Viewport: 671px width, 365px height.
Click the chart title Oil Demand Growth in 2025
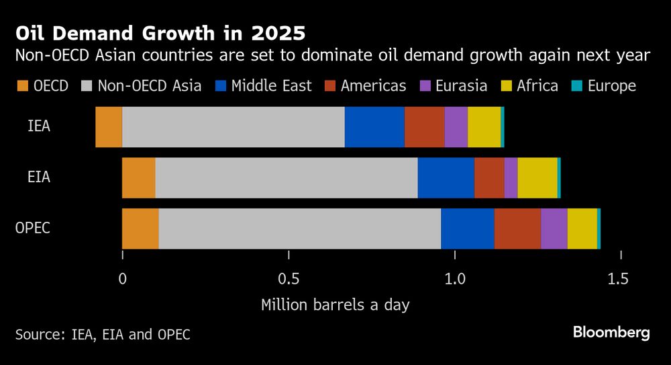tap(162, 33)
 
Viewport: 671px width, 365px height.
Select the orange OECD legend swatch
tap(21, 86)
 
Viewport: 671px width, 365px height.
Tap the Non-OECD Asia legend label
tap(149, 86)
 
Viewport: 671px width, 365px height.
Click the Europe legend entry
tap(611, 86)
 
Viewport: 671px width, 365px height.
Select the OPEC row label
tap(33, 229)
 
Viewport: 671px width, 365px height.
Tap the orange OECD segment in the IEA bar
tap(109, 126)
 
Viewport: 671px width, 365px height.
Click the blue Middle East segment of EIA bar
tap(446, 177)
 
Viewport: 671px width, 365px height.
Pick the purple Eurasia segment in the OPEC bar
tap(554, 229)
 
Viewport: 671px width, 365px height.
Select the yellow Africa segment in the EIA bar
tap(537, 177)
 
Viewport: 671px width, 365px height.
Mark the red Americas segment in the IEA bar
tap(424, 126)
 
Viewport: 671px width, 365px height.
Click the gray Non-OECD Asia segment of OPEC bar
tap(299, 229)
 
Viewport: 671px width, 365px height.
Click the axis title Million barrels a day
tap(335, 304)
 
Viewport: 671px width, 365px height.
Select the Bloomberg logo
tap(611, 333)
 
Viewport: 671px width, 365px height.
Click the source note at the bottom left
tap(103, 334)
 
